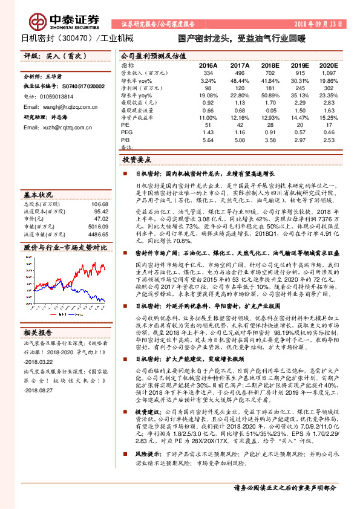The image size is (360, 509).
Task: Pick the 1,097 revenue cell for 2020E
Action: [326, 73]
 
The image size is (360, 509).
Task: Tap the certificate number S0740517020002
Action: [78, 87]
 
